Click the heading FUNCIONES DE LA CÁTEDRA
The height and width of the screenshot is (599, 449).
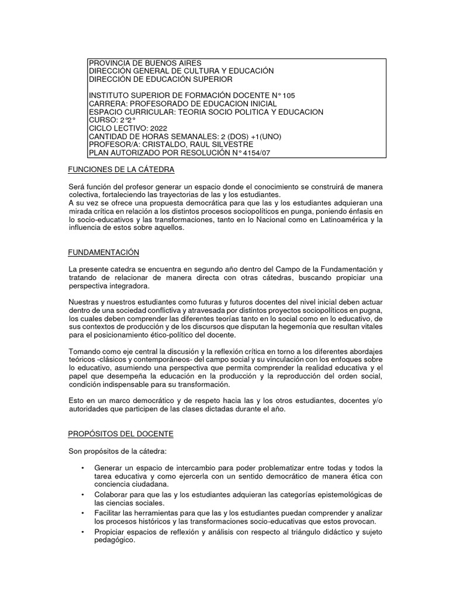[x=122, y=170]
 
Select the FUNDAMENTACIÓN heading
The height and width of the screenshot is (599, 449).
[x=104, y=252]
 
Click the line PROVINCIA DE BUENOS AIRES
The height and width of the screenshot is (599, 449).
[x=144, y=63]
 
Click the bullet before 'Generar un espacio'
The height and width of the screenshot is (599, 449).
[x=84, y=467]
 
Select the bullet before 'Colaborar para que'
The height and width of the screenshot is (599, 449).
[x=84, y=494]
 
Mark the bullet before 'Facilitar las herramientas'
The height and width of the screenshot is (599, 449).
[x=84, y=512]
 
